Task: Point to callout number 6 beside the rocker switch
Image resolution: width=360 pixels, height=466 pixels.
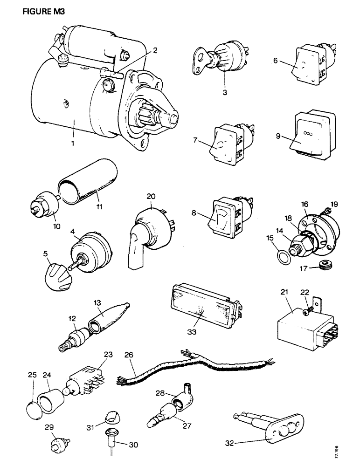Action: coord(275,61)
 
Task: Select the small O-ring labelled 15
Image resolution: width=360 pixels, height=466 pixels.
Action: coord(278,258)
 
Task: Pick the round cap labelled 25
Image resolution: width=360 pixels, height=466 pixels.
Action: coord(31,402)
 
